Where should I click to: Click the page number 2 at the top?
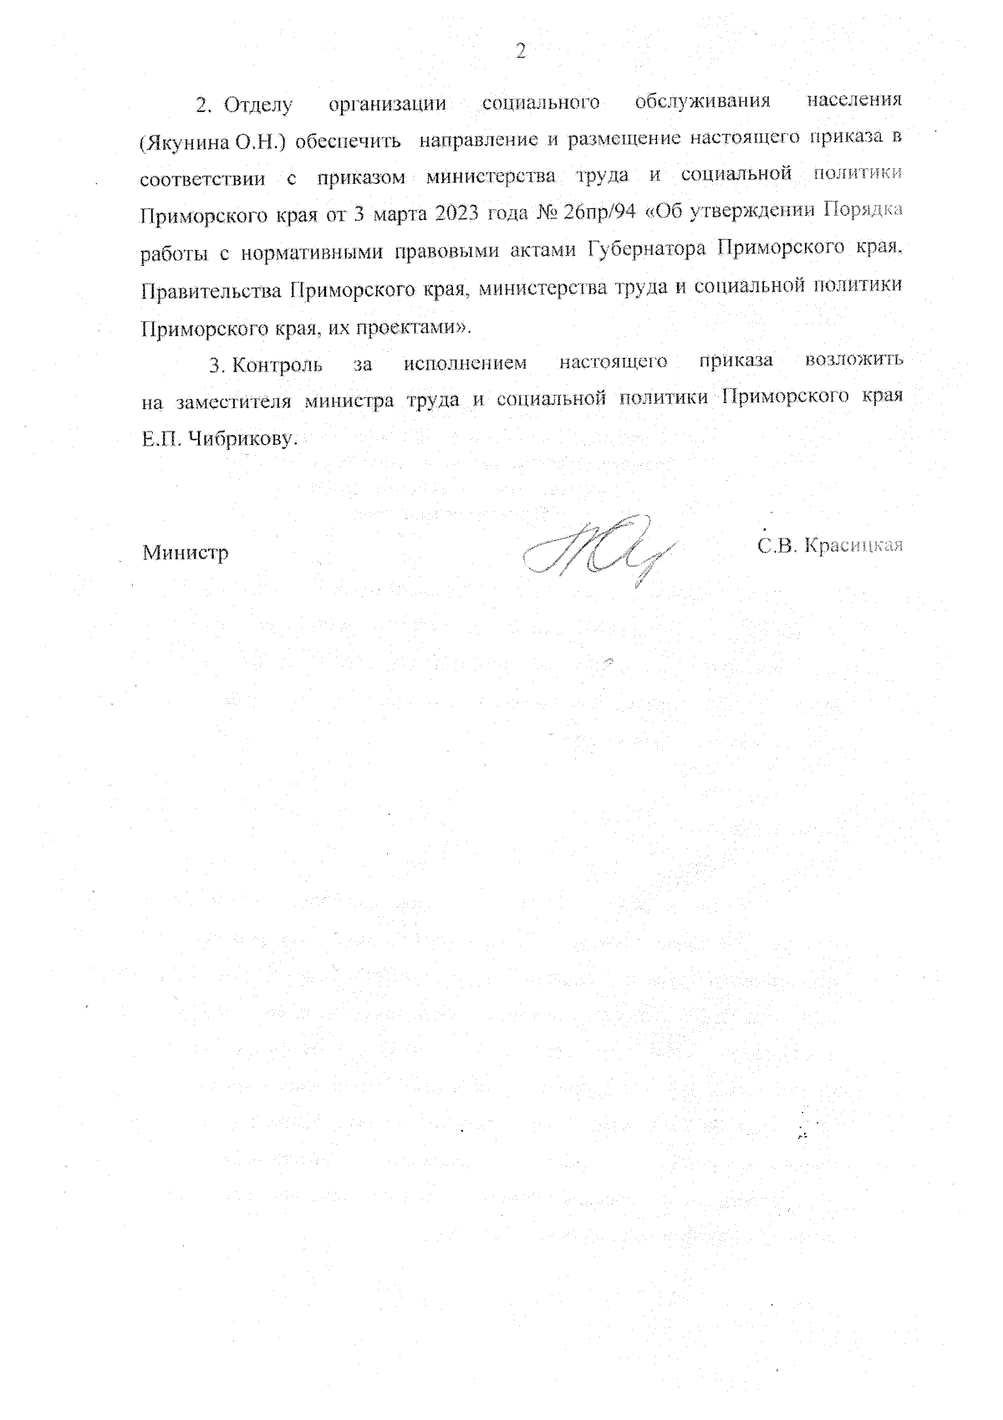[x=521, y=52]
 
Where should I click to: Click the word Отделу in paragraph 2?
[x=259, y=105]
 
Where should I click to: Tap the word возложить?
[x=853, y=363]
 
